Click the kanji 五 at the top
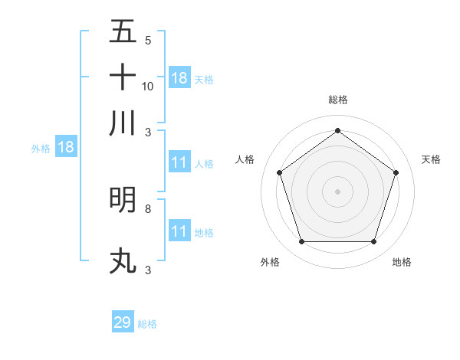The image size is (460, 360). click(123, 31)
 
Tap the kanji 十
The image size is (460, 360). click(123, 77)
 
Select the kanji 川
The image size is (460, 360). click(123, 123)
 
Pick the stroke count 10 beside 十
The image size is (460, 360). click(148, 86)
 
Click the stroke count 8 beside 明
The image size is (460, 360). click(148, 208)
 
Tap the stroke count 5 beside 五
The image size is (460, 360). click(148, 40)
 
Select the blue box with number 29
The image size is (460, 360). click(123, 322)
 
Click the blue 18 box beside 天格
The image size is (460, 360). click(179, 77)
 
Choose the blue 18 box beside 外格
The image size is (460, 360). click(66, 147)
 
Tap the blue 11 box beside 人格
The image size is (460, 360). click(179, 162)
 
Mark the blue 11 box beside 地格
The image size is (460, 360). click(179, 231)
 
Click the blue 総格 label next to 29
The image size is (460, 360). click(147, 324)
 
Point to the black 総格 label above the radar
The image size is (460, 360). click(338, 100)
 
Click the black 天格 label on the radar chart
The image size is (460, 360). click(431, 159)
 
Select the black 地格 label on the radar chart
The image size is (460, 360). click(402, 262)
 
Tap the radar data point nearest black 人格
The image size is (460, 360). click(280, 172)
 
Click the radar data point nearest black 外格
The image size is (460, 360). click(302, 242)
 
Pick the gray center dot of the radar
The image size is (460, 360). click(338, 191)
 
